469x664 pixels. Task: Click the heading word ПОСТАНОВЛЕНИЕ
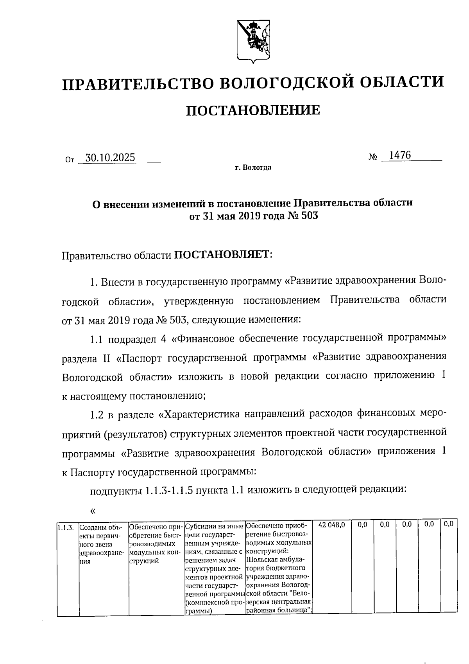point(252,110)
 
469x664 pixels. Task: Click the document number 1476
point(400,155)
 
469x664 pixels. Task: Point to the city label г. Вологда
point(253,168)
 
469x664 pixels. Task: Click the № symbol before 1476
point(372,157)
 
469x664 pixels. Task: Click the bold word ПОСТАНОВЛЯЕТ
point(222,255)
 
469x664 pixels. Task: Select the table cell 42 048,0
point(331,525)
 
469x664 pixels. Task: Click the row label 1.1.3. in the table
point(65,527)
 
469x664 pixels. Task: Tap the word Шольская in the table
point(262,559)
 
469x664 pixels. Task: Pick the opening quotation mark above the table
point(93,511)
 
